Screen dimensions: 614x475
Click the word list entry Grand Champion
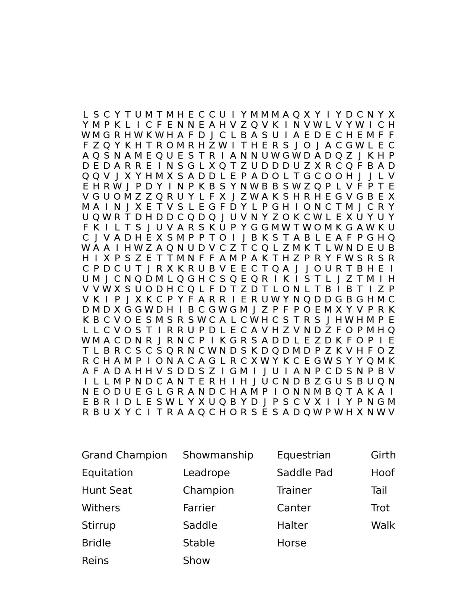[124, 455]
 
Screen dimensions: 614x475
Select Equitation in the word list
[107, 473]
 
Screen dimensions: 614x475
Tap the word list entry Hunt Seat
[107, 490]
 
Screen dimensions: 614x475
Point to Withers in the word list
[101, 508]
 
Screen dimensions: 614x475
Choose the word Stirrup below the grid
[99, 525]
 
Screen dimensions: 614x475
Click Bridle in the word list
[96, 543]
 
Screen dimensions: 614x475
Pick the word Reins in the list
[95, 560]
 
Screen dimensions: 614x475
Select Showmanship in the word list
[218, 455]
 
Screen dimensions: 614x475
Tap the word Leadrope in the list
[206, 473]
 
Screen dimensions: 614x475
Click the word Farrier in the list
[199, 508]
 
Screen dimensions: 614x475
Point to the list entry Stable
[199, 543]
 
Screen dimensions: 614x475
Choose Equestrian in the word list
[304, 455]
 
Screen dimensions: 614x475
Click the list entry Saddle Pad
[305, 473]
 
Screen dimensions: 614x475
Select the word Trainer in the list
[294, 490]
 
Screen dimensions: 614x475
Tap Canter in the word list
[294, 508]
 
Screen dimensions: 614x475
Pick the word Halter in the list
[292, 525]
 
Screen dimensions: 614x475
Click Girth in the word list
[383, 455]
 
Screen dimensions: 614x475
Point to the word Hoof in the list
[382, 473]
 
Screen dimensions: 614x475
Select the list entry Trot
[380, 508]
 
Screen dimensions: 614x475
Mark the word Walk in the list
[383, 525]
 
